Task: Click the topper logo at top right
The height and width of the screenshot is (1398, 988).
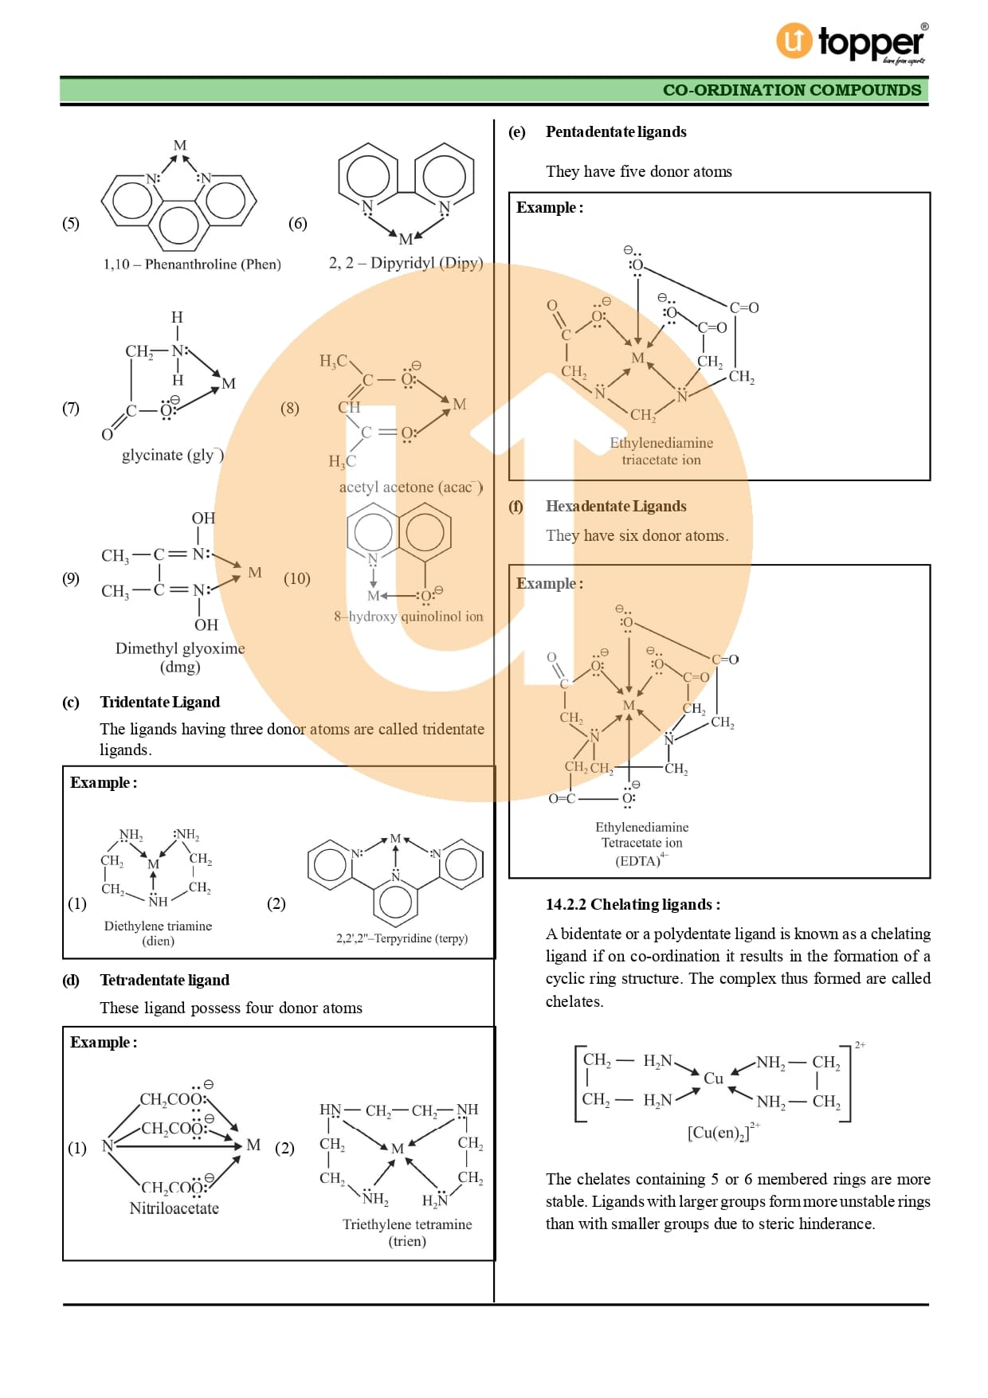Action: coord(851,41)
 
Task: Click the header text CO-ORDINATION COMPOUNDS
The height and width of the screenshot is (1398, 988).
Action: coord(791,90)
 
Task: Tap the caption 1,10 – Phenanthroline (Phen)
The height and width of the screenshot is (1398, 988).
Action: coord(192,264)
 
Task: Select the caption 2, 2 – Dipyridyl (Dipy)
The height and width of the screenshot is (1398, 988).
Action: coord(406,263)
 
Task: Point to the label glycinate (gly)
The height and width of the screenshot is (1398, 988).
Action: coord(171,455)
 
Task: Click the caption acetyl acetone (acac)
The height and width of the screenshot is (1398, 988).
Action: coord(410,487)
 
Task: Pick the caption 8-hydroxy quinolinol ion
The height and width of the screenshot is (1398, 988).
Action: coord(408,617)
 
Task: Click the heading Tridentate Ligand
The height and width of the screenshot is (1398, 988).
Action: coord(159,702)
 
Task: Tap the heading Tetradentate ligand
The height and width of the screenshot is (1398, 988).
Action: coord(164,980)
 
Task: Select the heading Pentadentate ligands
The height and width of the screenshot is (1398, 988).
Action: coord(616,131)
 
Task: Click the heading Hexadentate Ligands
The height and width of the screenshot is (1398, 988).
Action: coord(616,506)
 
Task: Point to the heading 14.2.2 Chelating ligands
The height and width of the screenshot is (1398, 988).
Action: coord(633,904)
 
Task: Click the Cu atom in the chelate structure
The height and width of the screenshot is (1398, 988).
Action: coord(713,1079)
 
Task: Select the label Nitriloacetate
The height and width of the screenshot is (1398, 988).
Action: coord(174,1208)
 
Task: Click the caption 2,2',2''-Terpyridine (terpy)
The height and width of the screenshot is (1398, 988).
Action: coord(402,938)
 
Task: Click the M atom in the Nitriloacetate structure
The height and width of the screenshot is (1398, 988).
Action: coord(253,1145)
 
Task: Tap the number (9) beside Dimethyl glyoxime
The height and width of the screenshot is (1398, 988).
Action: coord(71,578)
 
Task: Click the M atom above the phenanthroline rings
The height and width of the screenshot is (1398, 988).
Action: coord(180,146)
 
